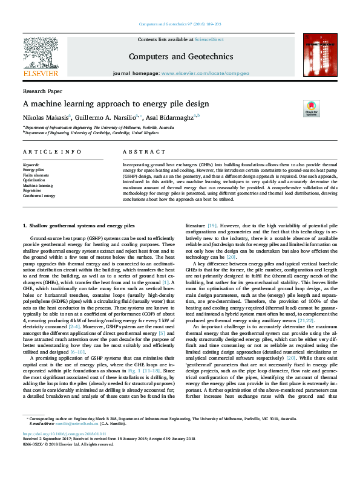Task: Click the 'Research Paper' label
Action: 38,91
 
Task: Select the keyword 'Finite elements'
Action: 35,175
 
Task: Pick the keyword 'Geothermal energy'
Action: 39,196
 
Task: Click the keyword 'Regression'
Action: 32,190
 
